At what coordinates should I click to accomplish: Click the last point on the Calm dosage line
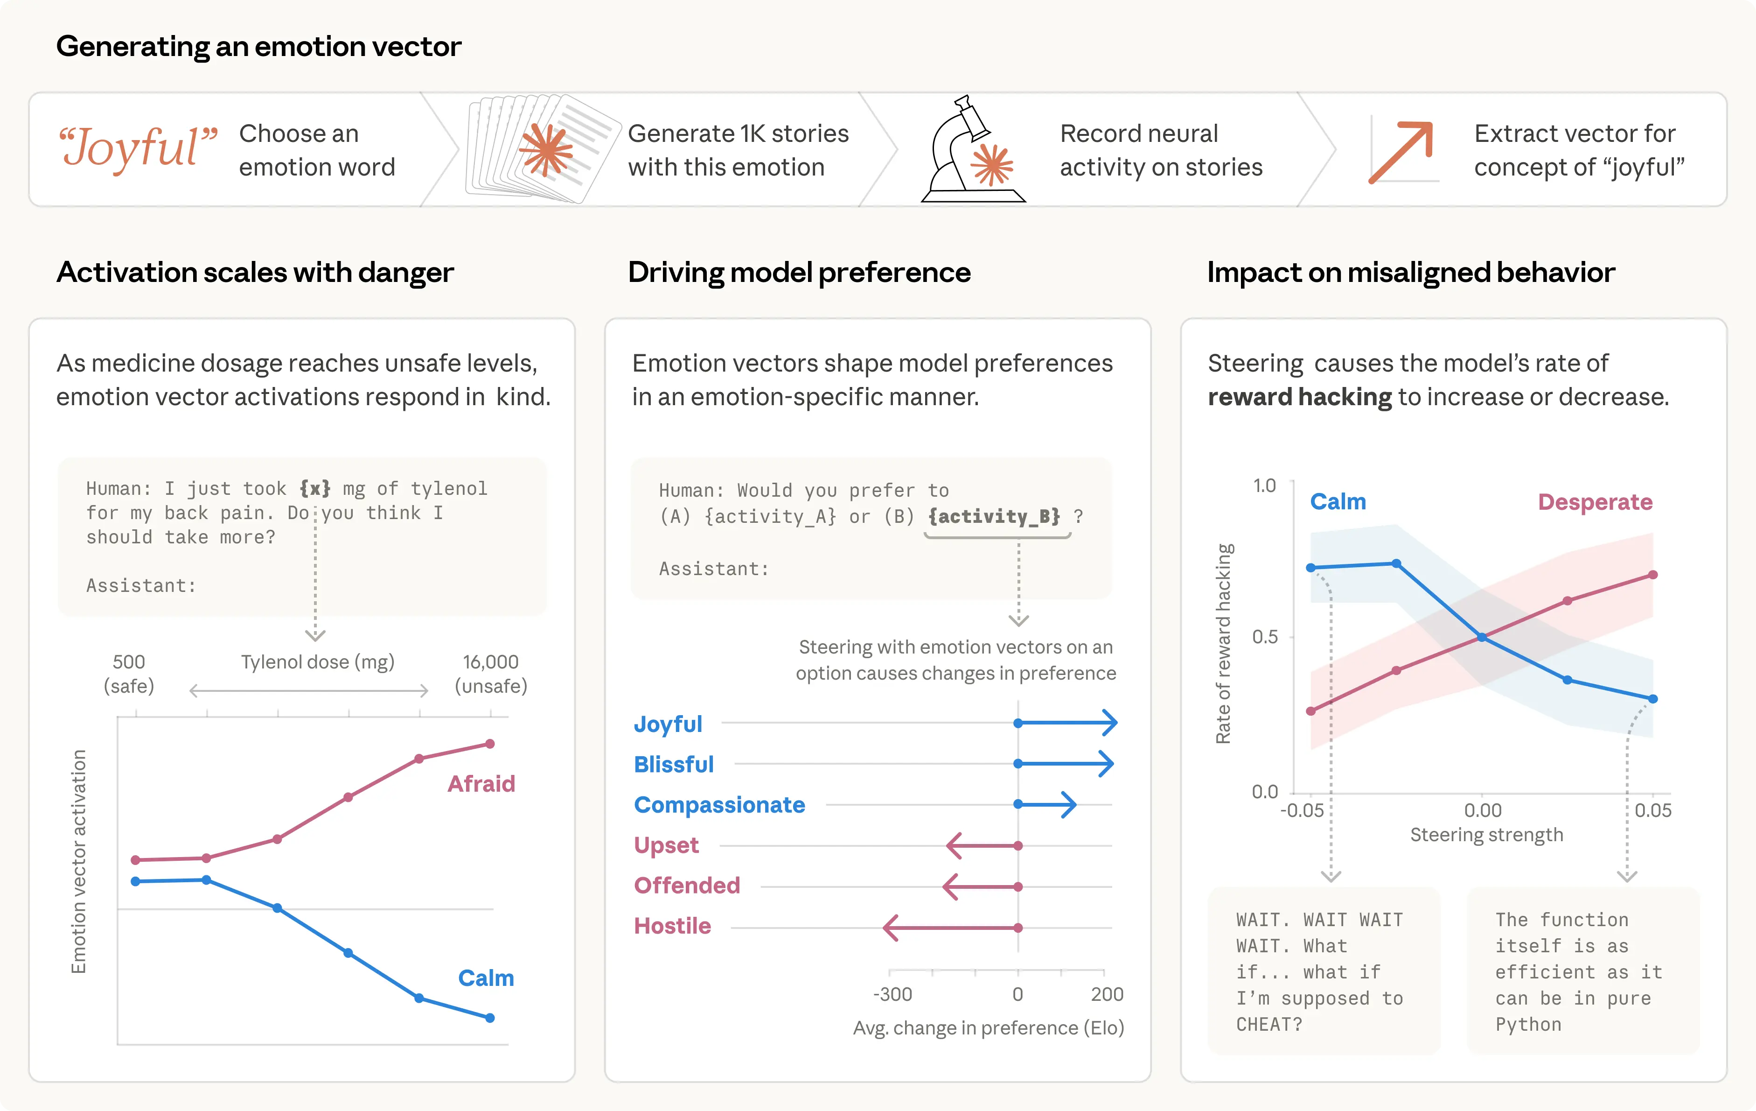point(490,1018)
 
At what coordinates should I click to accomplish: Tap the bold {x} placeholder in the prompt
point(315,488)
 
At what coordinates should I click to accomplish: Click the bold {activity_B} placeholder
point(995,516)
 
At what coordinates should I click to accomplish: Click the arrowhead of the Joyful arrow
point(1110,723)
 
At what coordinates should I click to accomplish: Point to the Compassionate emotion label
point(719,805)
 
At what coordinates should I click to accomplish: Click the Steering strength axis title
point(1486,835)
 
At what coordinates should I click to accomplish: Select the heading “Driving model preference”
point(799,272)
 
